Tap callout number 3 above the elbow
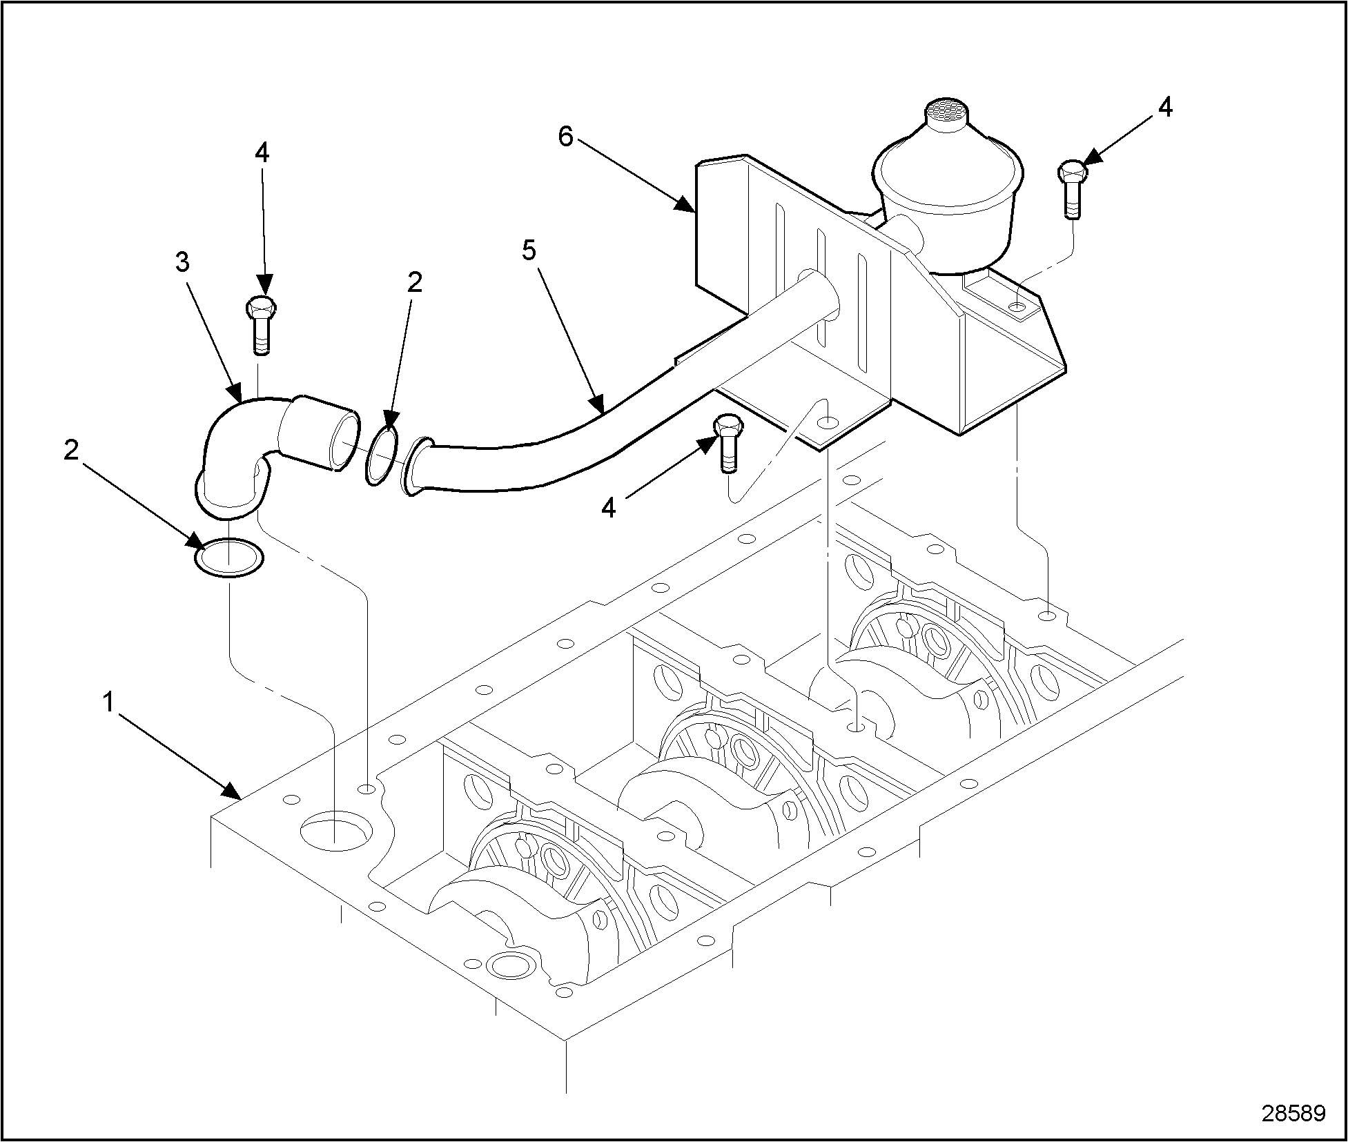pos(182,262)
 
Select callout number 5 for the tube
pos(529,250)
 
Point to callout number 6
pos(565,137)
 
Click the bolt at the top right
pos(1071,188)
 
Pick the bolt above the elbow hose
pos(260,325)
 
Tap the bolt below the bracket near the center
pos(728,443)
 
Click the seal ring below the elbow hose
pos(229,556)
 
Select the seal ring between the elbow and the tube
pos(381,456)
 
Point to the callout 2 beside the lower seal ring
pos(70,451)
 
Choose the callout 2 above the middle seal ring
pos(414,282)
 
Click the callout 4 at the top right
pos(1165,107)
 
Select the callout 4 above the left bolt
pos(262,153)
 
